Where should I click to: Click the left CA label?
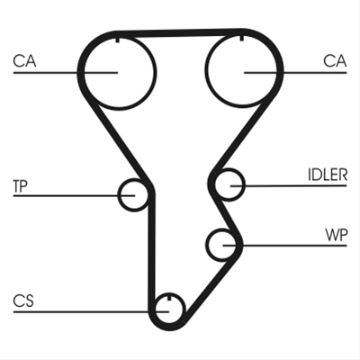(24, 61)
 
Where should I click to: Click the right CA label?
(335, 61)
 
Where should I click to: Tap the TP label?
(20, 186)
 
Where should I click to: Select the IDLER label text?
(328, 175)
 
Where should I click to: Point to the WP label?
(337, 235)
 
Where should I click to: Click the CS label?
(23, 301)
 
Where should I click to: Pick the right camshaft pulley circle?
(205, 70)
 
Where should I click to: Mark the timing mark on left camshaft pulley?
(118, 39)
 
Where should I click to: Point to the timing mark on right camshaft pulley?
(242, 38)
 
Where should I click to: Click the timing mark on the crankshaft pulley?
(169, 297)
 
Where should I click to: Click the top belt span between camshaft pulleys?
(179, 33)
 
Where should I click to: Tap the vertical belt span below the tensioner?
(152, 249)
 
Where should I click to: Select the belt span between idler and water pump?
(225, 214)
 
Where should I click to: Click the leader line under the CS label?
(91, 312)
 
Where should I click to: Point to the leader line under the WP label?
(284, 246)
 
